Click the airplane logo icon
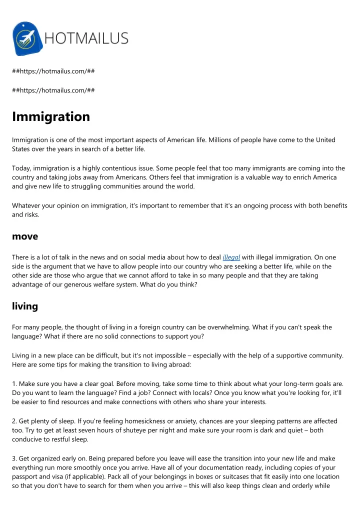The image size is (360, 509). coord(26,38)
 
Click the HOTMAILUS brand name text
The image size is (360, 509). coord(86,38)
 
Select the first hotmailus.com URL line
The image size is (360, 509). coord(53,71)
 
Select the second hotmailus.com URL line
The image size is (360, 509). coord(53,90)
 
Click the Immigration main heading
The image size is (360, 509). coord(51,116)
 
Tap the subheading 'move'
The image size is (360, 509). coord(25,236)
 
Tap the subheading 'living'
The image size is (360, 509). coord(24,306)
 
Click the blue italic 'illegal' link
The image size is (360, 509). coord(231,257)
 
